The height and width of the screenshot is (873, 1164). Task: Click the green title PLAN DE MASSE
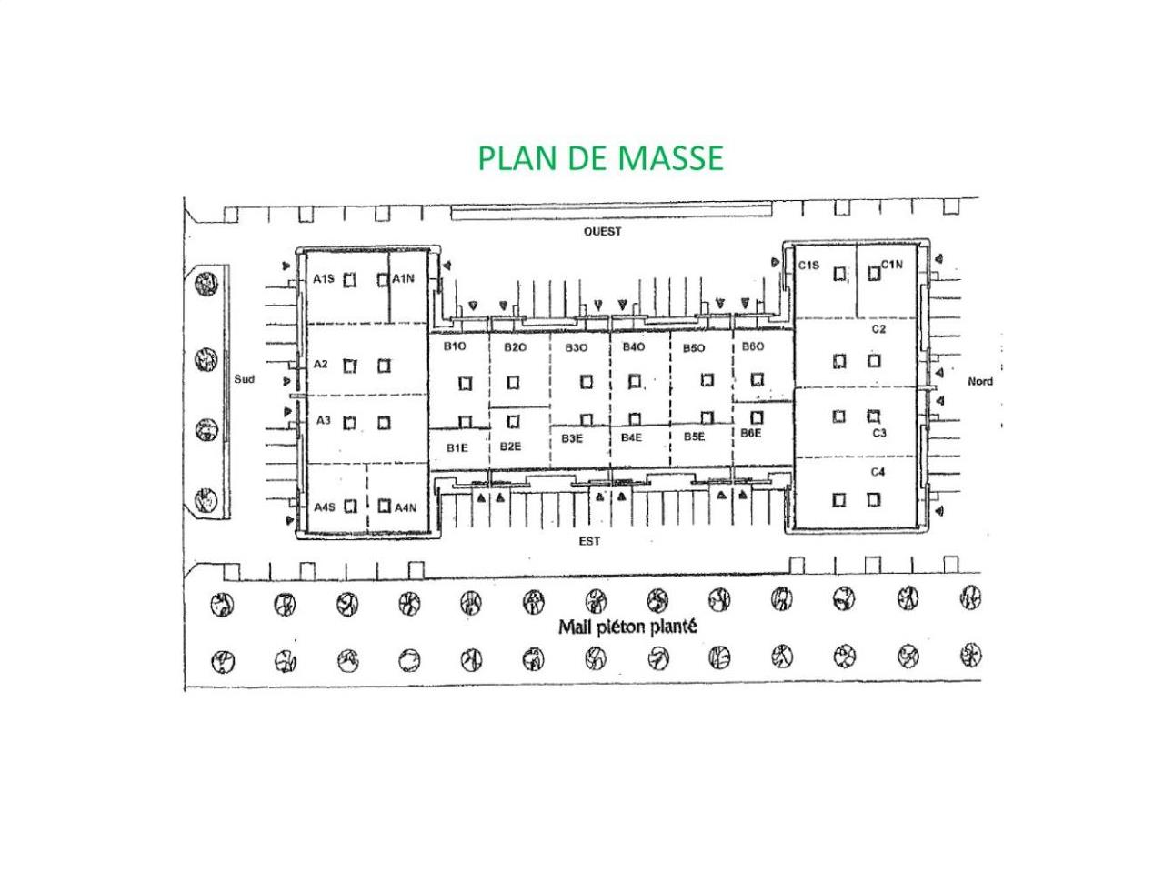[600, 158]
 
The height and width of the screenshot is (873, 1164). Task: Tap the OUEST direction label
[602, 232]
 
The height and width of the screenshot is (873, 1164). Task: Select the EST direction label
[589, 541]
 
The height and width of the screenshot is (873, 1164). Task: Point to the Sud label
[244, 379]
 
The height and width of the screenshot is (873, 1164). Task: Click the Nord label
[980, 381]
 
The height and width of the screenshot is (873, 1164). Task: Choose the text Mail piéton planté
[627, 627]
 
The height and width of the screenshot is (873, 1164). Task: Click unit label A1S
[324, 279]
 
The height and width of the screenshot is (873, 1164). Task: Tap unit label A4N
[406, 507]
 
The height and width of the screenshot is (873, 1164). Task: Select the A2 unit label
[320, 364]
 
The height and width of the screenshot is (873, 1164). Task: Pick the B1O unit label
[455, 346]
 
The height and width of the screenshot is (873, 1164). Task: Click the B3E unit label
[572, 438]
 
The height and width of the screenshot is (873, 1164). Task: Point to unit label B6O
[752, 346]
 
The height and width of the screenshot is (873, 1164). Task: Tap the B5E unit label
[694, 436]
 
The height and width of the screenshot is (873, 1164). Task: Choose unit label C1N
[891, 265]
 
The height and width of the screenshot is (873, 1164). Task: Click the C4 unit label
[878, 472]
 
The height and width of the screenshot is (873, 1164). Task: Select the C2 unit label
[878, 329]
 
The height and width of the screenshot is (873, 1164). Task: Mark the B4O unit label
[633, 346]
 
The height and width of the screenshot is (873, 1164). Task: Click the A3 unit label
[323, 420]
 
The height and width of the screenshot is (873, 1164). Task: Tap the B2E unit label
[510, 447]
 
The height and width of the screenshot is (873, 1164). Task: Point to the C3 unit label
[878, 433]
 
